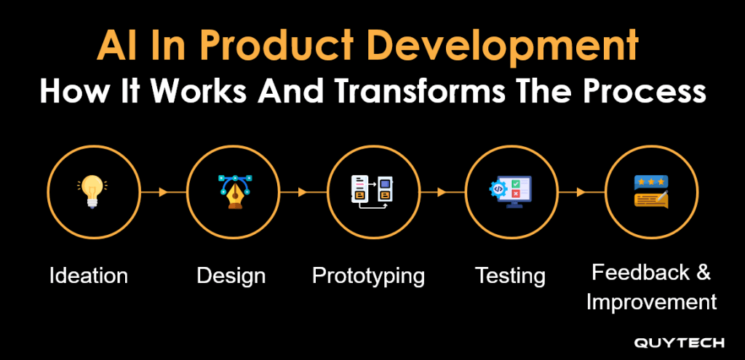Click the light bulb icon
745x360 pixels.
coord(92,191)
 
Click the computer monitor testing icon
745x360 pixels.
coord(510,191)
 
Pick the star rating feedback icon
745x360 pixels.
coord(651,191)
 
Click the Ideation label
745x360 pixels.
coord(88,276)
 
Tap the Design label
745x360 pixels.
coord(231,276)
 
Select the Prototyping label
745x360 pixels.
coord(368,276)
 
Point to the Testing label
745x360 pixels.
coord(510,276)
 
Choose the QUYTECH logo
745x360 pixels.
coord(680,343)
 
